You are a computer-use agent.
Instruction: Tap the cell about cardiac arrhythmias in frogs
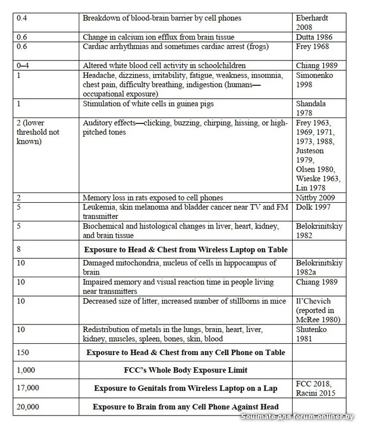184,47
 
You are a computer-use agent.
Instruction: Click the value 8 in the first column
20,249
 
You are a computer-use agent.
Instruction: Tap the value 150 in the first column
24,352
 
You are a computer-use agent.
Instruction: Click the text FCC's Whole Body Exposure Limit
185,370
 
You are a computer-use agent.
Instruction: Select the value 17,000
29,388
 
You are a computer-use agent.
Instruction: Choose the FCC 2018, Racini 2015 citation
318,388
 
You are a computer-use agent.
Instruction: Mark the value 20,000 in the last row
29,406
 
